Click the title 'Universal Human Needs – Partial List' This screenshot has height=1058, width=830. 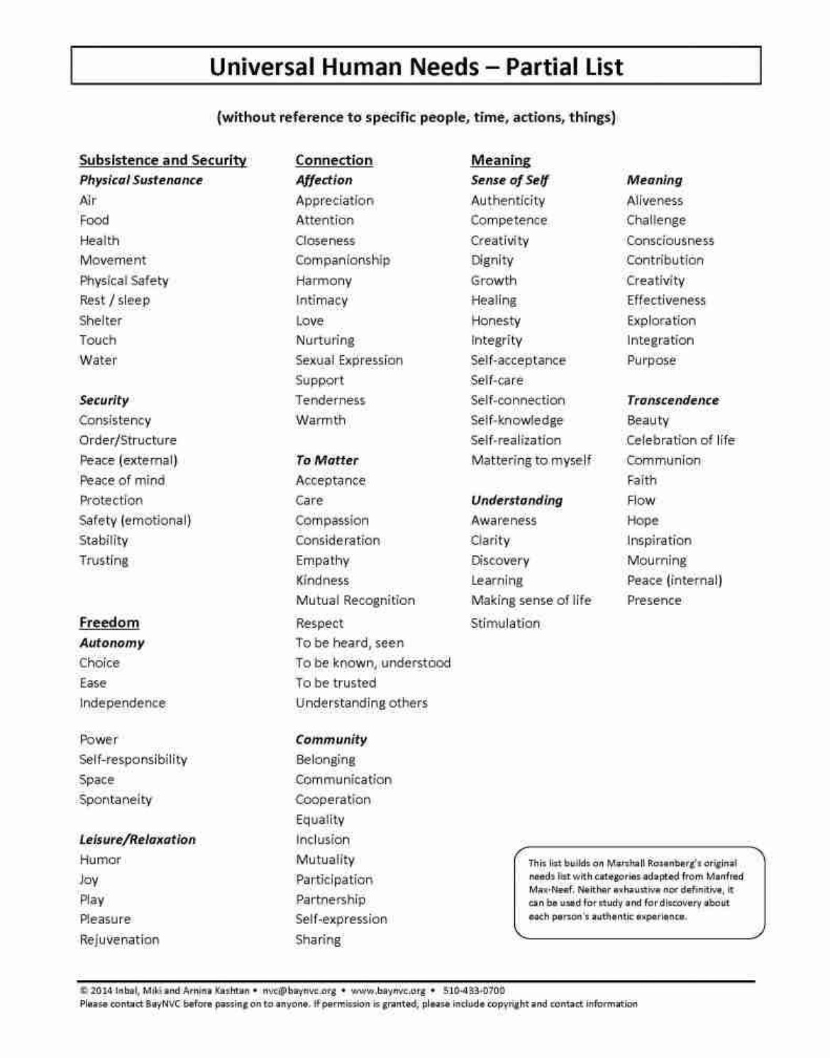point(416,67)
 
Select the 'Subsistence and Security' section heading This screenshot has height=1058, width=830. point(162,160)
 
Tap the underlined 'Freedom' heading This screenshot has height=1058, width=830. point(109,623)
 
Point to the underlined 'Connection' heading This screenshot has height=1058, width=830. point(333,160)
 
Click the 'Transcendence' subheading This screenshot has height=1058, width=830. point(673,400)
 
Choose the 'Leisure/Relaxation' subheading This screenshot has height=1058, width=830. point(137,840)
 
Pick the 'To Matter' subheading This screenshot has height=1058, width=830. point(326,460)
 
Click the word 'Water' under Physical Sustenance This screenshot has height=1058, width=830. point(98,360)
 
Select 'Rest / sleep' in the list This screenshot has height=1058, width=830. point(114,300)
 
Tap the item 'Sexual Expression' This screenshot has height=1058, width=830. point(348,360)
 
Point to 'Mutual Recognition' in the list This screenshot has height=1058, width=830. point(355,600)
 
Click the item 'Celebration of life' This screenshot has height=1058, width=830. point(680,440)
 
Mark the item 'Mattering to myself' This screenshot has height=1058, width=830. point(531,460)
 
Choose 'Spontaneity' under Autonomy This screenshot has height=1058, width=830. point(115,799)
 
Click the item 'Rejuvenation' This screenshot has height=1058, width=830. point(119,940)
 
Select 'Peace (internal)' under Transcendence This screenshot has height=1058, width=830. point(674,580)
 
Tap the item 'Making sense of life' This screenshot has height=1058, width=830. point(531,600)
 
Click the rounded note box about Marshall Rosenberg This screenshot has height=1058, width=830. point(639,892)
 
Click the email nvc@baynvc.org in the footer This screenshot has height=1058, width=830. point(299,991)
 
